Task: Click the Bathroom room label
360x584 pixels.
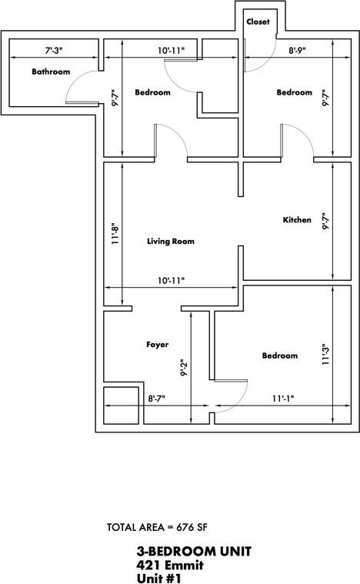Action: tap(51, 72)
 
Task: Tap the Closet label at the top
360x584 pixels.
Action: tap(258, 22)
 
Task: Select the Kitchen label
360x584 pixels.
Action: tap(297, 220)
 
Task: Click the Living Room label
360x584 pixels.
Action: tap(171, 241)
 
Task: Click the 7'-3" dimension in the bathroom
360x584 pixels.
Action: tap(53, 51)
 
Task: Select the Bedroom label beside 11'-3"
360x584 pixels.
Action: tap(279, 355)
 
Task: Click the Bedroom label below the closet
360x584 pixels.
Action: tap(295, 92)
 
